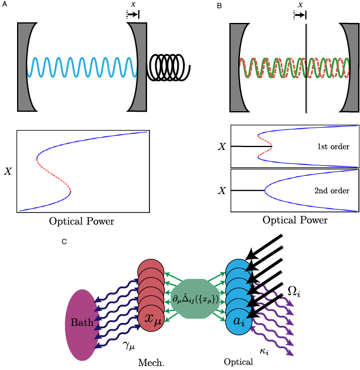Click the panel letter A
[x=5, y=5]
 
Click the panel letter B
[x=219, y=6]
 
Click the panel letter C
[x=64, y=241]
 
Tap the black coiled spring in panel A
[x=168, y=67]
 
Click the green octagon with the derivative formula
[x=195, y=299]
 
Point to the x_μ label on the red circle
[x=153, y=319]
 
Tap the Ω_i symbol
[x=294, y=291]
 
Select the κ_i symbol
[x=264, y=351]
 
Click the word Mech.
[x=151, y=363]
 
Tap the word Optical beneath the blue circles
[x=238, y=362]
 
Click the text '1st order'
[x=333, y=146]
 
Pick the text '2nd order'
[x=332, y=191]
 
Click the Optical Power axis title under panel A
[x=81, y=222]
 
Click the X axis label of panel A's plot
[x=8, y=172]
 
